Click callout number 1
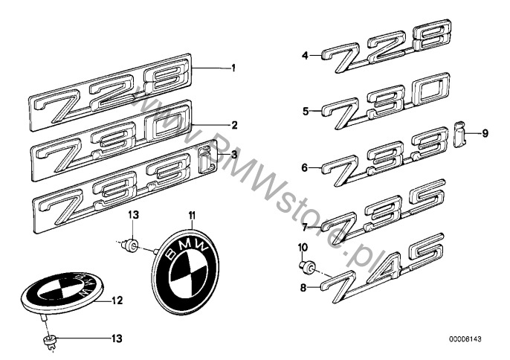click(x=233, y=68)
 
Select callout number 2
click(x=234, y=125)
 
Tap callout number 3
click(x=234, y=155)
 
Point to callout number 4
click(x=305, y=56)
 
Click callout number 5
click(x=305, y=112)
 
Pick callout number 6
click(x=305, y=168)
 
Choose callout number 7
click(x=305, y=227)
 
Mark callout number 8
click(x=303, y=288)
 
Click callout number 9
click(x=485, y=133)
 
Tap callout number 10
click(x=303, y=248)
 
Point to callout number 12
click(x=117, y=300)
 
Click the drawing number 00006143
click(x=465, y=339)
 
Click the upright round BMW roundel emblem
click(x=185, y=271)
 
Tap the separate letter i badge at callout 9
click(x=459, y=134)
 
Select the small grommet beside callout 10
click(x=308, y=266)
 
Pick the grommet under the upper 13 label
click(x=130, y=245)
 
